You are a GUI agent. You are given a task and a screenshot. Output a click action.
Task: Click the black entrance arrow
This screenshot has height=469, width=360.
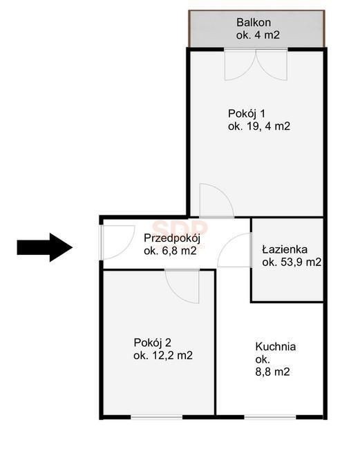45,247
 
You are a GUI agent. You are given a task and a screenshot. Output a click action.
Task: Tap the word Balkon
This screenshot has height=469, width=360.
254,22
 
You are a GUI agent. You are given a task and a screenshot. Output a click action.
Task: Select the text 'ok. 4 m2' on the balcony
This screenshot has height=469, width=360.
258,35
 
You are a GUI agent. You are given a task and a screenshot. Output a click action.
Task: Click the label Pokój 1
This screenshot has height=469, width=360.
246,114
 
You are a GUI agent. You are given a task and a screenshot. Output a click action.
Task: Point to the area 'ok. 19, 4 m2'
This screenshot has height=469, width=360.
259,126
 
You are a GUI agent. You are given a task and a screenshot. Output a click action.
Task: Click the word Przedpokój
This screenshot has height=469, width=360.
172,238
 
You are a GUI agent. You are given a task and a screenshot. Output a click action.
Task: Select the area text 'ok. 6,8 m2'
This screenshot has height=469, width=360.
170,251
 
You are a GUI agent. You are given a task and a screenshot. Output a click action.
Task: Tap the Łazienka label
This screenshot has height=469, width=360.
285,249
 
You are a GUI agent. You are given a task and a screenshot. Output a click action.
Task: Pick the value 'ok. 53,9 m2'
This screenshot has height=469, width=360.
292,262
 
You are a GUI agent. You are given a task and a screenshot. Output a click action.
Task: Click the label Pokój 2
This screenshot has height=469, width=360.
153,343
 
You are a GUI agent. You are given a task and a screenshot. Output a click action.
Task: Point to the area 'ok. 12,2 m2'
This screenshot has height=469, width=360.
163,355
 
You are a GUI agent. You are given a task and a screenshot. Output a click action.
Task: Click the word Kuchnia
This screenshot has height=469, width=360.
276,347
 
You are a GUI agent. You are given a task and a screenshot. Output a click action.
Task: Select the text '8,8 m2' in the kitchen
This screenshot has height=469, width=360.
273,372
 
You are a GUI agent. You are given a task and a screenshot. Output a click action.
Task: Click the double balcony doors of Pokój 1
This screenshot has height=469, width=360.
256,64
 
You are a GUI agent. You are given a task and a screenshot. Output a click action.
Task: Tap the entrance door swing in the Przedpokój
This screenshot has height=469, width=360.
117,242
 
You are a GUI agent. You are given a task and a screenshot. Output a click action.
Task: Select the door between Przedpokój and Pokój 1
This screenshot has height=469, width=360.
217,200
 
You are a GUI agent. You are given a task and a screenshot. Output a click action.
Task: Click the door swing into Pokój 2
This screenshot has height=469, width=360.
182,287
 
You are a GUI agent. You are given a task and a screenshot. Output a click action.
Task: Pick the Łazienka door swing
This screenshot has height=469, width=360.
234,250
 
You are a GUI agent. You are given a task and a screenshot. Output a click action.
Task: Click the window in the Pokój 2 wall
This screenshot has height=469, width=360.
157,417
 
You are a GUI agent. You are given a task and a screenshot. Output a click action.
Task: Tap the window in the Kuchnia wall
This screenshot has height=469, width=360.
270,417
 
